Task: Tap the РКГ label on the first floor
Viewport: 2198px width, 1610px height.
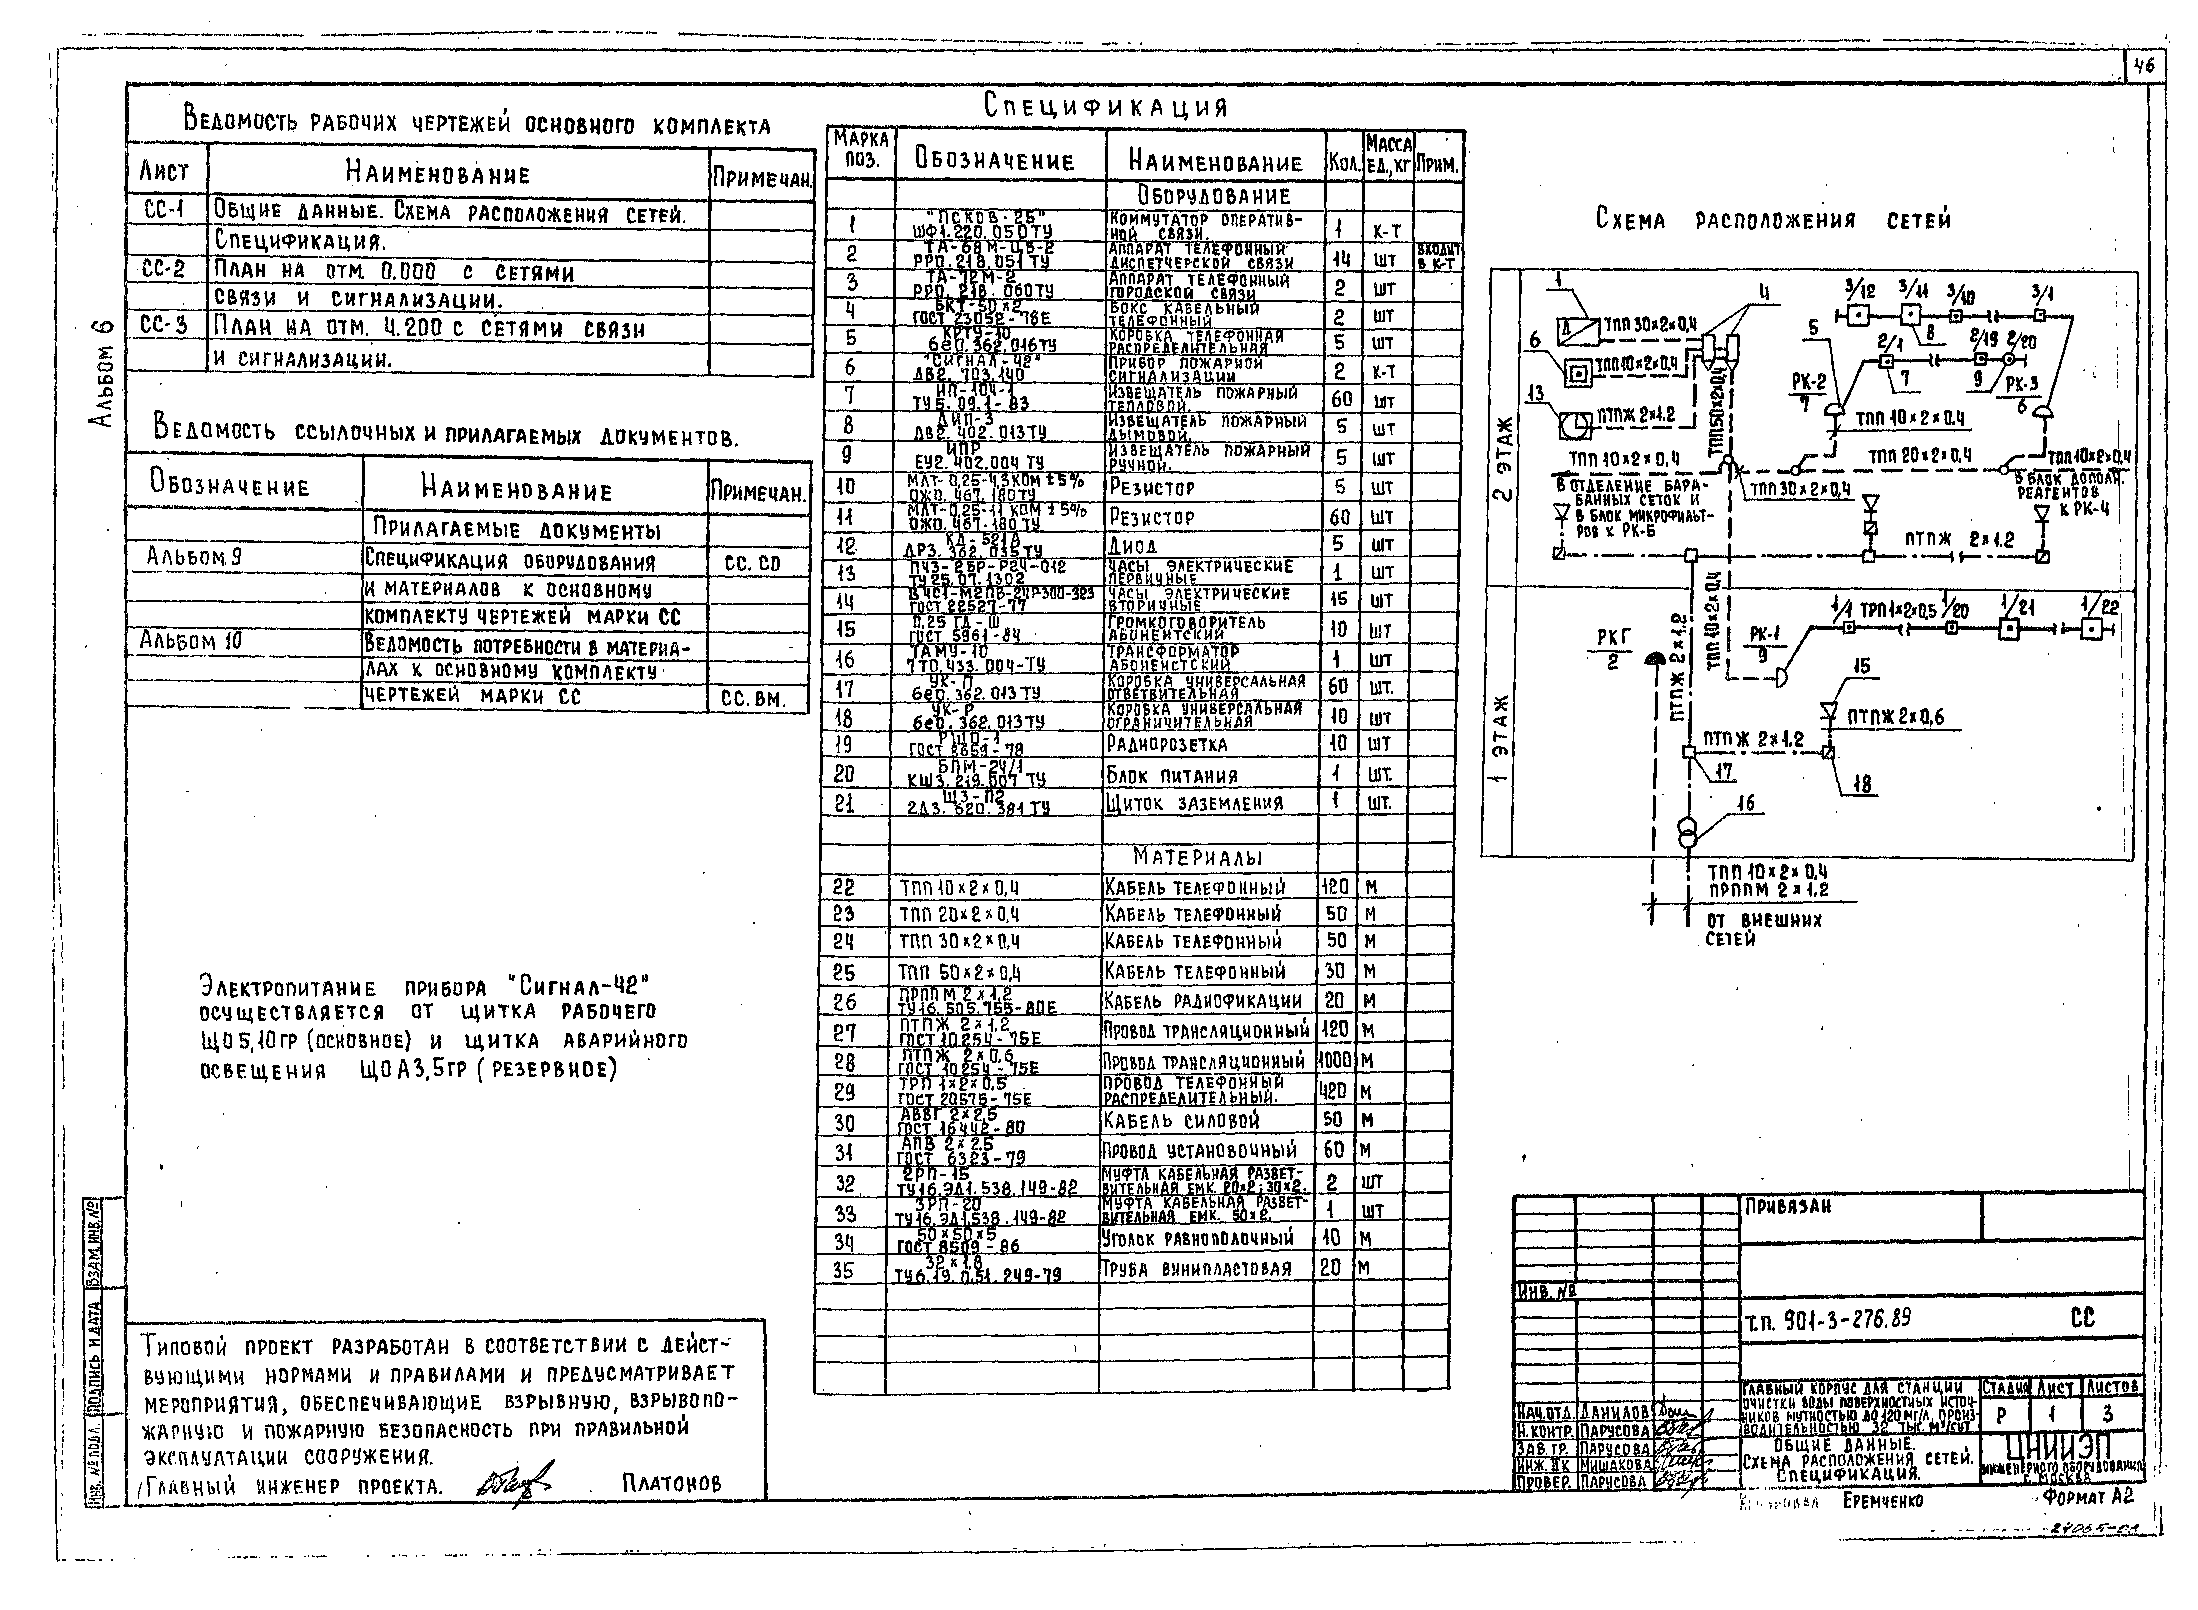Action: tap(1612, 636)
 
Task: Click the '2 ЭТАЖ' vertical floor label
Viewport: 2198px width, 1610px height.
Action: tap(1501, 458)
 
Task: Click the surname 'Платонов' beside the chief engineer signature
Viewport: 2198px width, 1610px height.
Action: tap(671, 1483)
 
